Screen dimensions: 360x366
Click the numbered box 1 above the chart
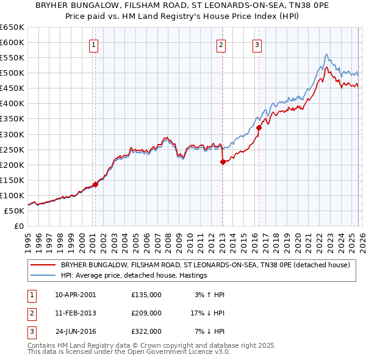click(95, 44)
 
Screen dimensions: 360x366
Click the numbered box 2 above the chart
click(221, 44)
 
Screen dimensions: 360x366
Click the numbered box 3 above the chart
click(257, 44)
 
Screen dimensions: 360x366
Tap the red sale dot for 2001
click(95, 184)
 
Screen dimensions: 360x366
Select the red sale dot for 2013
click(223, 162)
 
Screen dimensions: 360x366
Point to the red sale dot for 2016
click(259, 128)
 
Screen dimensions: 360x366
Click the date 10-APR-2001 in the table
click(76, 295)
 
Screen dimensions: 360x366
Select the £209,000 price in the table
click(146, 313)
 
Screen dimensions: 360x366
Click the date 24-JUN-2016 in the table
click(76, 331)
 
